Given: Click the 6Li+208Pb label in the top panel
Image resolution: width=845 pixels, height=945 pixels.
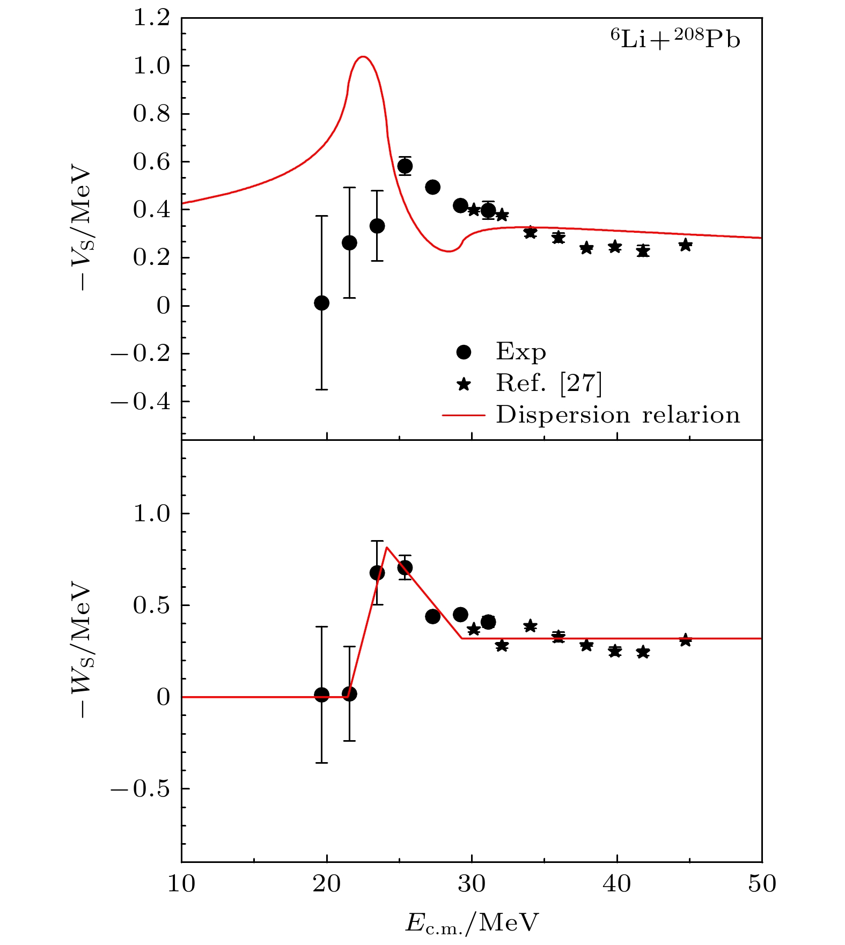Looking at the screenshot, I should pos(675,40).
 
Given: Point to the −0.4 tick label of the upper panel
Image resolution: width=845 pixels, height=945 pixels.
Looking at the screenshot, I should pos(141,402).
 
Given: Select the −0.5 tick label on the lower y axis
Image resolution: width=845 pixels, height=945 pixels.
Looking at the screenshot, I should pos(141,789).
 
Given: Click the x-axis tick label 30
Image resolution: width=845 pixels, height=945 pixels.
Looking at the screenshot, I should pos(472,883).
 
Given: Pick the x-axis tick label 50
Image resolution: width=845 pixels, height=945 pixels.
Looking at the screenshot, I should pos(762,883).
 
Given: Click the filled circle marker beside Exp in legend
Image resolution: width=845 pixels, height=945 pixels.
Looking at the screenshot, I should pos(463,352).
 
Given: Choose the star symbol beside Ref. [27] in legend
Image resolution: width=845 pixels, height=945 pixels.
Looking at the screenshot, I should pos(463,384).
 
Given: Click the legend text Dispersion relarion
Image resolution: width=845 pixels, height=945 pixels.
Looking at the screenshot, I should pos(618,415).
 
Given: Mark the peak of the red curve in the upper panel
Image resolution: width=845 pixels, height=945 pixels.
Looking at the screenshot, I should pos(363,56).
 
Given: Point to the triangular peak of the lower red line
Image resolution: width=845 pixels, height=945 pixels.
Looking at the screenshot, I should pos(386,548).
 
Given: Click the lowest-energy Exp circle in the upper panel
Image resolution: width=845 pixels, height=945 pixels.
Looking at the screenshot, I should pos(321,303).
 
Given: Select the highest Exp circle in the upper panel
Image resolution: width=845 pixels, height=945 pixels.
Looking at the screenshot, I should pos(405,166).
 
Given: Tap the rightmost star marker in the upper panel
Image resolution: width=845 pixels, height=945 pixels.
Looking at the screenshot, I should pos(685,245).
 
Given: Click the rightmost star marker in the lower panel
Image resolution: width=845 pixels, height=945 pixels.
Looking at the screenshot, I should pos(685,640).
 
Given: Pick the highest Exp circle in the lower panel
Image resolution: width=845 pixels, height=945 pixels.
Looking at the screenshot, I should pos(405,567).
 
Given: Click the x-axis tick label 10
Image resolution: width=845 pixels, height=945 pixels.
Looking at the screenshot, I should pos(181,883).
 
